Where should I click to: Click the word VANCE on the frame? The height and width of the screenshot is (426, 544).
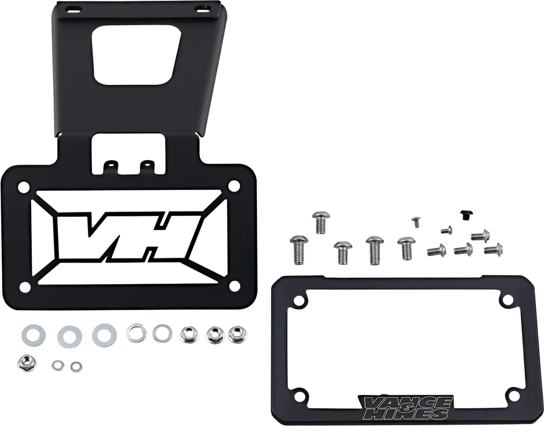(x=406, y=404)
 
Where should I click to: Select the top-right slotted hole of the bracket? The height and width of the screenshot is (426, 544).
(x=202, y=8)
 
